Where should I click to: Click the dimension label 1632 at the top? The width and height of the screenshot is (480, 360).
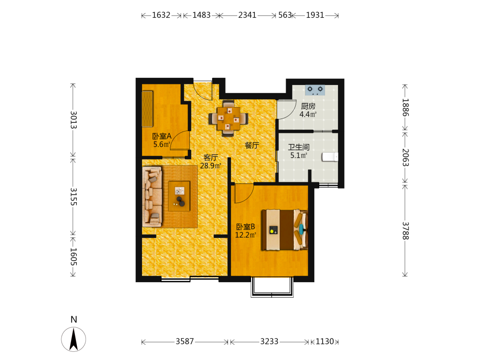[x=161, y=15]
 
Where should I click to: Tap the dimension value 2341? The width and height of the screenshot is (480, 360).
[x=247, y=15]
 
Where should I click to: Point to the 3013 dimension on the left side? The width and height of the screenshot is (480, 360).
[x=73, y=120]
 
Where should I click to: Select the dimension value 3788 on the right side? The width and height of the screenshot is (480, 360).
[x=405, y=230]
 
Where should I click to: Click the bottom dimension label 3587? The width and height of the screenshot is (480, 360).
[x=185, y=341]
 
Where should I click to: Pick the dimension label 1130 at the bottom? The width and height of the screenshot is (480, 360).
[x=324, y=341]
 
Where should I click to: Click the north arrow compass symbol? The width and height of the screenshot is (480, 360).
[x=73, y=339]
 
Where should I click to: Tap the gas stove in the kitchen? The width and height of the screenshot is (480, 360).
[x=315, y=90]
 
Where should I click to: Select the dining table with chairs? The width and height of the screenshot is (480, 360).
[x=228, y=118]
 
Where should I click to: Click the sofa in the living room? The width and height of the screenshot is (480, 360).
[x=152, y=196]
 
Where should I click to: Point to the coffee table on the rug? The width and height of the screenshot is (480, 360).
[x=179, y=196]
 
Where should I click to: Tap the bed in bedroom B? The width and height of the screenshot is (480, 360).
[x=285, y=229]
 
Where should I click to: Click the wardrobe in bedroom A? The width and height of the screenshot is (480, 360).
[x=147, y=108]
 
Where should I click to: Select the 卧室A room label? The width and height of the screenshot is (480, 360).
[x=162, y=136]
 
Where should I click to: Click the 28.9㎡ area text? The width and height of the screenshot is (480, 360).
[x=211, y=166]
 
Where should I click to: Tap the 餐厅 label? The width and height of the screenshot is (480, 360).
[x=252, y=145]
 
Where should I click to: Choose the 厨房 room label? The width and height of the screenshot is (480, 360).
[x=308, y=106]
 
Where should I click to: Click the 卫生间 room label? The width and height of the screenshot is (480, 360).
[x=299, y=147]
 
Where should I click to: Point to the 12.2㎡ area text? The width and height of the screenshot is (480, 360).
[x=245, y=235]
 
